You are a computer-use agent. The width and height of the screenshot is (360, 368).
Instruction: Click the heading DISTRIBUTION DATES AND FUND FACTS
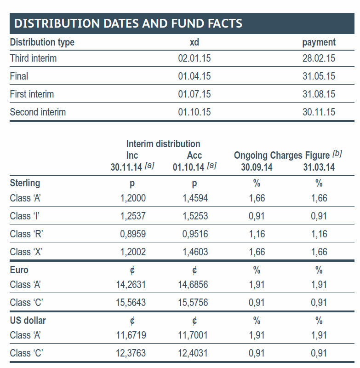[x=128, y=23]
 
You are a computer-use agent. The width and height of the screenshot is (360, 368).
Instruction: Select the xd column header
[x=194, y=42]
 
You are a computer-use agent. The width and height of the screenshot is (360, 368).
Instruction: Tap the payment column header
[x=319, y=42]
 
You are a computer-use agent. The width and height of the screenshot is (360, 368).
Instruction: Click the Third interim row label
[x=33, y=58]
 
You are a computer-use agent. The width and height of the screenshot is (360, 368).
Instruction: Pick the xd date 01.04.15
[x=194, y=76]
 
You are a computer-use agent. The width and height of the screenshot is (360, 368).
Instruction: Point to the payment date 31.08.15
[x=319, y=94]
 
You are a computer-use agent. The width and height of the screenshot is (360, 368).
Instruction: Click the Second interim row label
[x=38, y=112]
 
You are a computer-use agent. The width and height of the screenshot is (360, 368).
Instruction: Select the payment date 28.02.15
[x=319, y=58]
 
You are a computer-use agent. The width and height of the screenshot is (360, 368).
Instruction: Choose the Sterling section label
[x=25, y=183]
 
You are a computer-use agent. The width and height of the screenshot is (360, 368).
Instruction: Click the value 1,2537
[x=133, y=216]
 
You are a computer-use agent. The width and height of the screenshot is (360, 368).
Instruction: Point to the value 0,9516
[x=195, y=234]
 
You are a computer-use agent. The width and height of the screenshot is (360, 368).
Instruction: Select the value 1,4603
[x=195, y=252]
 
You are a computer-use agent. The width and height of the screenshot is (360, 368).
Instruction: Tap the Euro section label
[x=19, y=270]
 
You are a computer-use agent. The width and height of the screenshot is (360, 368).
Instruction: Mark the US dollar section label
[x=28, y=321]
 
